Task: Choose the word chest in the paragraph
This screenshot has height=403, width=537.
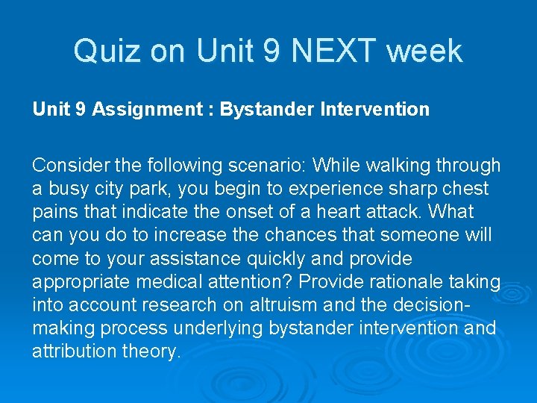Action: point(465,189)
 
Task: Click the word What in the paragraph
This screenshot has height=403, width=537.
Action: point(451,212)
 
